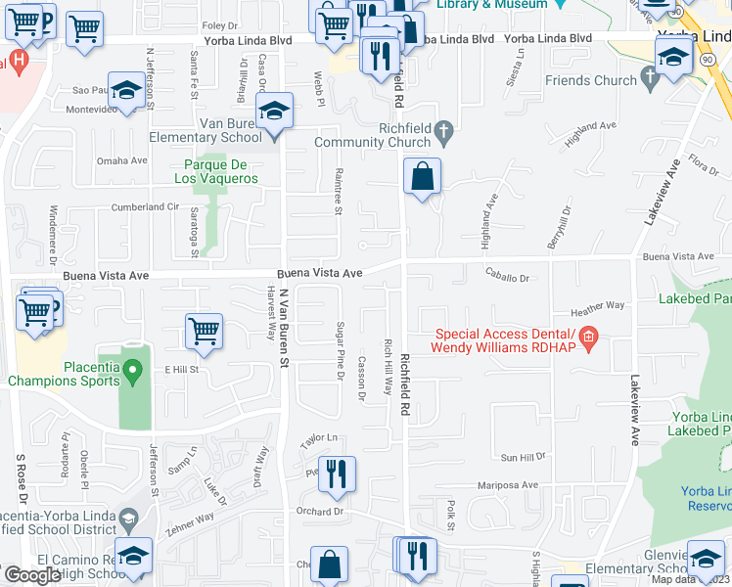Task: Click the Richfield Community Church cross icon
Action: point(443,129)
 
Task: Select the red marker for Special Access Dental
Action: point(588,339)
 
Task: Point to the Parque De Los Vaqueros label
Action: point(216,171)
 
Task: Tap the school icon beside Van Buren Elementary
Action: point(275,113)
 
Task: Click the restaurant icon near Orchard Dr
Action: point(336,474)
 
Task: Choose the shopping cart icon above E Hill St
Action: point(204,331)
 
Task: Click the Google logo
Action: point(32,575)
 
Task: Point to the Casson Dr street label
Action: point(361,377)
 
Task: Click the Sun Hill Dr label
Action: point(523,457)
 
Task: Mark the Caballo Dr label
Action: point(504,278)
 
